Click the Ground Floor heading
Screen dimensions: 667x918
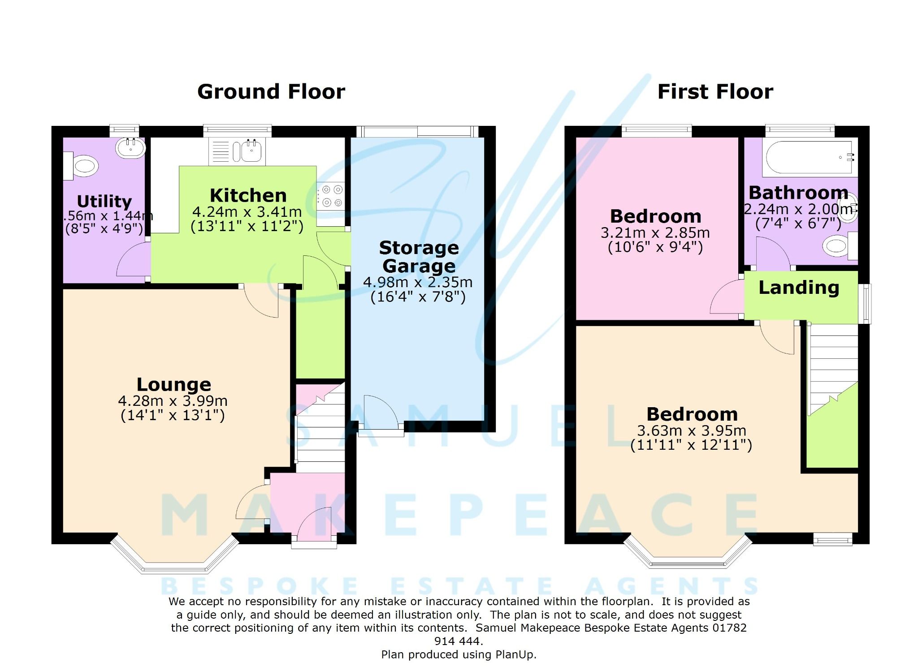[271, 92]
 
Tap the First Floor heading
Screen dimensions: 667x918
[715, 92]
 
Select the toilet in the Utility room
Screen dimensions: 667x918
[83, 166]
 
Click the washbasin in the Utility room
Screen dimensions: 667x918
[130, 147]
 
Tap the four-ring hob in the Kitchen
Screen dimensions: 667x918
[332, 196]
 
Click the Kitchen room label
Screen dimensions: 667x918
[248, 196]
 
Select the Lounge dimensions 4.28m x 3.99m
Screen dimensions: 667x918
[173, 401]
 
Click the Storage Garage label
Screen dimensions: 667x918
[419, 257]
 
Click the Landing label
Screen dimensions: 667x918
[799, 288]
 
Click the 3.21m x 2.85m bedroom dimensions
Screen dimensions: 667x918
[655, 233]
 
